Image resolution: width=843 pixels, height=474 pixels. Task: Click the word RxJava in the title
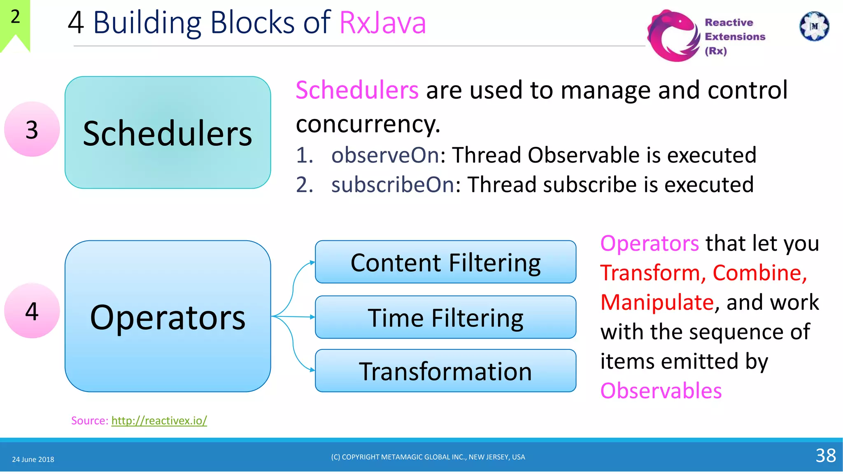[x=382, y=23]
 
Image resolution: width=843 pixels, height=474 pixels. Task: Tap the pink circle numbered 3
[x=32, y=129]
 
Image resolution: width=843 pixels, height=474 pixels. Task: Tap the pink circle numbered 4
[x=32, y=311]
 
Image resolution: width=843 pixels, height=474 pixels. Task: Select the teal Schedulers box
[x=168, y=132]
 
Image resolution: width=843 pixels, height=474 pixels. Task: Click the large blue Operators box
[x=168, y=316]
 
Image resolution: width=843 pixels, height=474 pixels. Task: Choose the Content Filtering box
[x=445, y=262]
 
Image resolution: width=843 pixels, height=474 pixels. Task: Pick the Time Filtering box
[x=445, y=317]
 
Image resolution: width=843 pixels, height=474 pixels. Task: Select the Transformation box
[x=445, y=371]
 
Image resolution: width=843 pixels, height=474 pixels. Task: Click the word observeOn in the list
[x=386, y=155]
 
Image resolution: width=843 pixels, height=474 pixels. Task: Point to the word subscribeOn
[x=393, y=184]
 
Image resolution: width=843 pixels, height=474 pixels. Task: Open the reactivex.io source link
[x=159, y=421]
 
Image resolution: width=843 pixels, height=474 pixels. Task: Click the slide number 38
[x=825, y=455]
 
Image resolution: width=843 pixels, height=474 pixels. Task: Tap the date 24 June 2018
[x=33, y=459]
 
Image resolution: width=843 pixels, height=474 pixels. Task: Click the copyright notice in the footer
[x=428, y=457]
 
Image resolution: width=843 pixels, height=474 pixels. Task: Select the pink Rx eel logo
[x=673, y=36]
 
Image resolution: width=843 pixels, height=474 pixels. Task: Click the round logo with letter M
[x=814, y=26]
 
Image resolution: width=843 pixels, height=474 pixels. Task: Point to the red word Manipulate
[x=657, y=302]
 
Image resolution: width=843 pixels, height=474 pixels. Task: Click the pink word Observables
[x=661, y=390]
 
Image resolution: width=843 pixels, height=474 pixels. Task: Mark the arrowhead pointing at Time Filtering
[x=312, y=317]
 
